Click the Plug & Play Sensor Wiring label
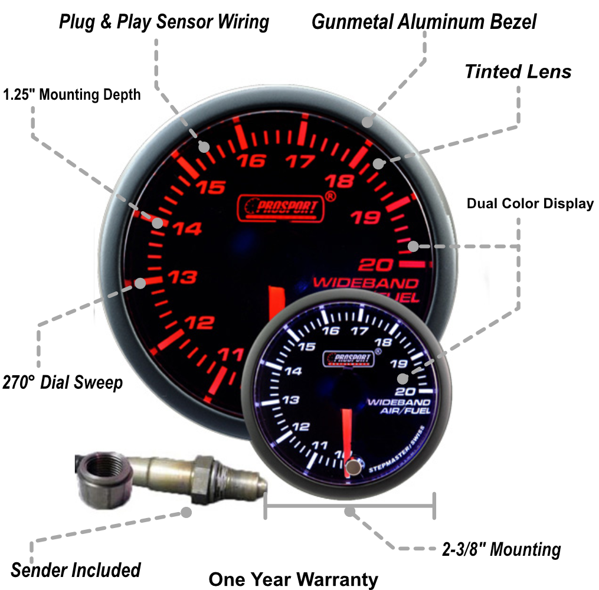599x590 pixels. pyautogui.click(x=164, y=22)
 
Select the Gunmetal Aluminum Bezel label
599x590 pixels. pyautogui.click(x=424, y=22)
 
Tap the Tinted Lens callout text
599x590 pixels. pyautogui.click(x=518, y=71)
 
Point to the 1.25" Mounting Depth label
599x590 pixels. pyautogui.click(x=72, y=94)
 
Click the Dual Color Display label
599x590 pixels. pyautogui.click(x=530, y=204)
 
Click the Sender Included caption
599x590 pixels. pyautogui.click(x=76, y=570)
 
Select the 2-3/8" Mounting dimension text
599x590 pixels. pyautogui.click(x=501, y=550)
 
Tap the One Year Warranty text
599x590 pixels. pyautogui.click(x=293, y=579)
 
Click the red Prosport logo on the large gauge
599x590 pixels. pyautogui.click(x=281, y=208)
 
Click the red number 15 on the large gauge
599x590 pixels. pyautogui.click(x=211, y=188)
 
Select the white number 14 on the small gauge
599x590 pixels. pyautogui.click(x=293, y=371)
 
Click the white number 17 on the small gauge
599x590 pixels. pyautogui.click(x=357, y=331)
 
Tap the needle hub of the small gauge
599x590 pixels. pyautogui.click(x=353, y=466)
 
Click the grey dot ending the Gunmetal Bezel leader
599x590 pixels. pyautogui.click(x=367, y=123)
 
